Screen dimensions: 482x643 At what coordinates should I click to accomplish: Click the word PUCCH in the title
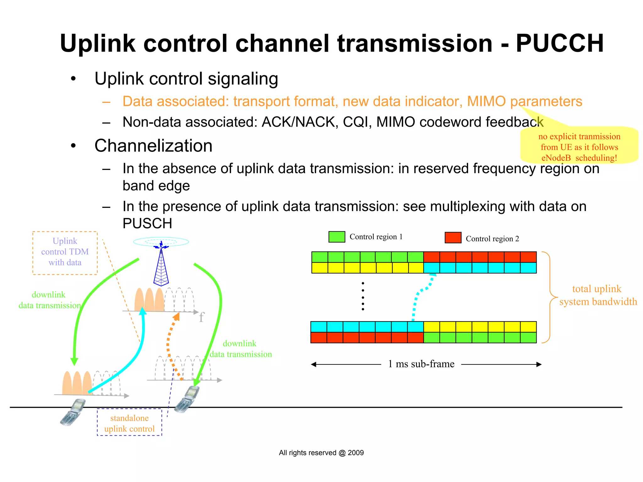(x=559, y=43)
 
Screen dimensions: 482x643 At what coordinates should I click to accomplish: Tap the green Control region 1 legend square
(x=337, y=237)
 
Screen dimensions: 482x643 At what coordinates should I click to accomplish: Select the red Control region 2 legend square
(x=453, y=238)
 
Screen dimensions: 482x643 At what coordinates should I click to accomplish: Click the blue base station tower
(x=161, y=267)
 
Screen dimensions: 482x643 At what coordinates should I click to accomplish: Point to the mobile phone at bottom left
(x=73, y=412)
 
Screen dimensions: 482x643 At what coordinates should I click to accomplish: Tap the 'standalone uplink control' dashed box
(x=129, y=422)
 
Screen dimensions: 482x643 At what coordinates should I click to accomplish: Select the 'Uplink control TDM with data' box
(x=65, y=253)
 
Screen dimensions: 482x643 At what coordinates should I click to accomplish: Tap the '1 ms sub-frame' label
(x=421, y=364)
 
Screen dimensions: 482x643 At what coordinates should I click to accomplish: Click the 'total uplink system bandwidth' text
(x=597, y=295)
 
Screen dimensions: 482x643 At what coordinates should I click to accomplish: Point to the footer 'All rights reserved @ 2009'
(x=321, y=453)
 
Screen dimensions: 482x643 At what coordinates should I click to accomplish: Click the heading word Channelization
(x=153, y=146)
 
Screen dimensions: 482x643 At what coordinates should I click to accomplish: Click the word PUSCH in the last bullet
(x=147, y=224)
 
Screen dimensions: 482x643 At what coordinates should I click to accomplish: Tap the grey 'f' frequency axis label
(x=201, y=317)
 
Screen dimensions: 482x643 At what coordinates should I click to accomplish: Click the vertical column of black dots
(x=363, y=296)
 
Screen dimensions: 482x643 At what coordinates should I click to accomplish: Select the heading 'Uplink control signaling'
(x=186, y=79)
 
